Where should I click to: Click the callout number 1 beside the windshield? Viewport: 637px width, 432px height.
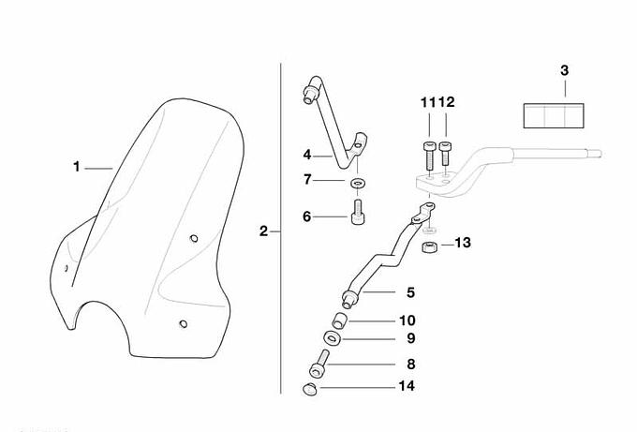77,167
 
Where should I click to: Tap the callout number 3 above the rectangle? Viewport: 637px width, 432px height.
564,70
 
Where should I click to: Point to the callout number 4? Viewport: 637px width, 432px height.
306,154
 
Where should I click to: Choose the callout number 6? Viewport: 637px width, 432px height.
306,216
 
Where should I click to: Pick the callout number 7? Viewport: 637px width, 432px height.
306,178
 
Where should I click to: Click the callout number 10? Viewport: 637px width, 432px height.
409,320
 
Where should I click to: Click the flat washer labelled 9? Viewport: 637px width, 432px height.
333,338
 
